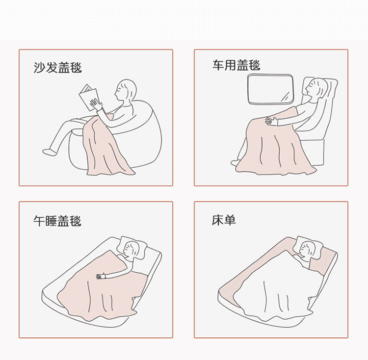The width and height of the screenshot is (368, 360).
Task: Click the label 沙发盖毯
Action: coord(57,68)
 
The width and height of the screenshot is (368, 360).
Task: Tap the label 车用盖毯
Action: coord(237,65)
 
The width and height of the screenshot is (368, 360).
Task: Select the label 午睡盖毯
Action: coord(57,221)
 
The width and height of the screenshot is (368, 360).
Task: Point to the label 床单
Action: coord(224,220)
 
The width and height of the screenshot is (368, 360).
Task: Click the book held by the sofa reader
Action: coord(88,97)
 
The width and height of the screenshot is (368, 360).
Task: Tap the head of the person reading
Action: coord(126,91)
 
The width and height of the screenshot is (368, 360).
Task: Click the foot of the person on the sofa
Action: coord(49,152)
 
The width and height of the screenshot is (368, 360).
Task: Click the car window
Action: coord(270,89)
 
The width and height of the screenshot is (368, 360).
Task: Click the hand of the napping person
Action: coord(101,276)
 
